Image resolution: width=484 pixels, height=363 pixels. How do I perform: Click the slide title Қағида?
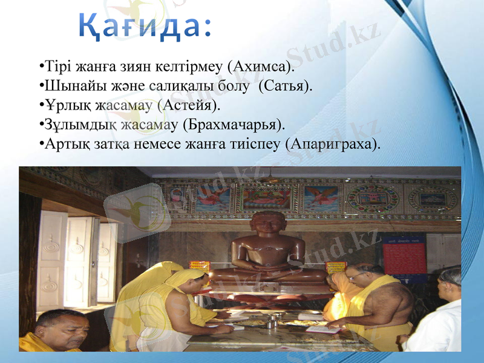(x=145, y=25)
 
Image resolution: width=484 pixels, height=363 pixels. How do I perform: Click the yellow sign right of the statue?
(x=335, y=267)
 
